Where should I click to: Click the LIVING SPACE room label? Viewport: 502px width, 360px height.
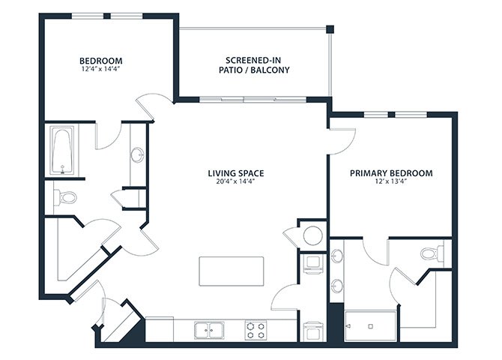pyautogui.click(x=236, y=173)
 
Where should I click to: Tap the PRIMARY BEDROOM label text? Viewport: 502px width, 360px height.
pyautogui.click(x=391, y=173)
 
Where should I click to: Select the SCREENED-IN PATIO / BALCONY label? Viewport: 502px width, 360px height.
pyautogui.click(x=254, y=65)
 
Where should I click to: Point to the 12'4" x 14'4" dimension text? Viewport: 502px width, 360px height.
pyautogui.click(x=101, y=69)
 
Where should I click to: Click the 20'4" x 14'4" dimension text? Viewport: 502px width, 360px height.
pyautogui.click(x=235, y=181)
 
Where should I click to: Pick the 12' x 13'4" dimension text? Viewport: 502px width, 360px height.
pyautogui.click(x=391, y=181)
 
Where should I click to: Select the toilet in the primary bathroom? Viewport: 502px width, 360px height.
pyautogui.click(x=432, y=253)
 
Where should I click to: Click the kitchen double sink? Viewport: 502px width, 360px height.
pyautogui.click(x=209, y=330)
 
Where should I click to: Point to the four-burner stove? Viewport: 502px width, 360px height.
pyautogui.click(x=255, y=330)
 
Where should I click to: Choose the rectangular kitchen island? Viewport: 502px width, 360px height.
pyautogui.click(x=232, y=271)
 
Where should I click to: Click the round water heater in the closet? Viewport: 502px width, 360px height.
pyautogui.click(x=312, y=235)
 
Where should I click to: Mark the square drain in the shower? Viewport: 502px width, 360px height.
pyautogui.click(x=370, y=326)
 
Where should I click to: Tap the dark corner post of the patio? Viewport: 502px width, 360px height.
pyautogui.click(x=330, y=29)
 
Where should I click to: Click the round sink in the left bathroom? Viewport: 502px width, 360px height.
pyautogui.click(x=138, y=155)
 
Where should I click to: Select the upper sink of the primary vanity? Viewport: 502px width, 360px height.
pyautogui.click(x=337, y=256)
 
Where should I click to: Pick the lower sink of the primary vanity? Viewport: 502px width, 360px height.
pyautogui.click(x=337, y=286)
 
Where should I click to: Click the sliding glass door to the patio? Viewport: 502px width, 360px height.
pyautogui.click(x=253, y=100)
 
